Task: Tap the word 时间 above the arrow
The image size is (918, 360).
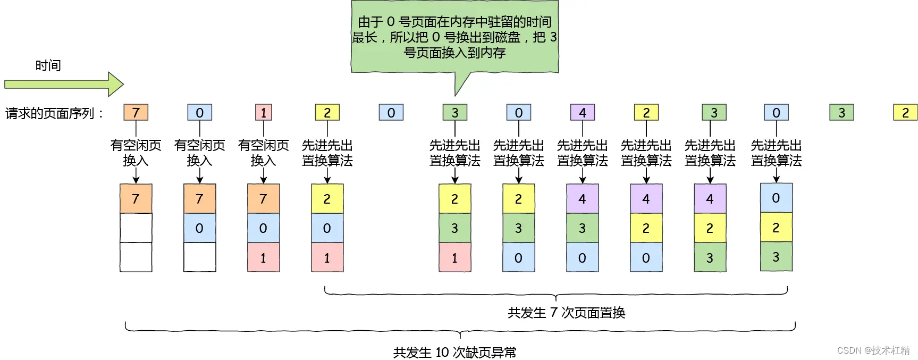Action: [48, 65]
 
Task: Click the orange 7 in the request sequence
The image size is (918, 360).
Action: [136, 113]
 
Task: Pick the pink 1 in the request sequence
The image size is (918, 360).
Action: [263, 113]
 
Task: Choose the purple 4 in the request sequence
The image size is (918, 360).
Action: [582, 113]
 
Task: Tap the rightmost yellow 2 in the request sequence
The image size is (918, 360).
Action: [905, 113]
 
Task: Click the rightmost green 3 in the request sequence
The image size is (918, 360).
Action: [841, 113]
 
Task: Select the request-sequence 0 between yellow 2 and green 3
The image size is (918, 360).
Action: [391, 113]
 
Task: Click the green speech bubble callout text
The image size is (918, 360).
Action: [454, 37]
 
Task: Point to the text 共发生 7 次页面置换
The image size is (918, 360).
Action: [566, 313]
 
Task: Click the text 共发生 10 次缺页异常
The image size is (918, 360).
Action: [454, 352]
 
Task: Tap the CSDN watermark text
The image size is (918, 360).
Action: [873, 350]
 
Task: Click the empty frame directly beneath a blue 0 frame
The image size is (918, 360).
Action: [199, 257]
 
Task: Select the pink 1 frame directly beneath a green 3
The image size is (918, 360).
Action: [454, 257]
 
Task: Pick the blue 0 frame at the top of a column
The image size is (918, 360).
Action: [776, 198]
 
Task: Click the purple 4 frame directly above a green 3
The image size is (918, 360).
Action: [582, 199]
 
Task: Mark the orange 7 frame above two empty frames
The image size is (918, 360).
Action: [136, 199]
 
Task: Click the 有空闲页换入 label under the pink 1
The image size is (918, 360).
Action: [263, 153]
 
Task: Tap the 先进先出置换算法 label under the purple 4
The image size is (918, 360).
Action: [582, 153]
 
